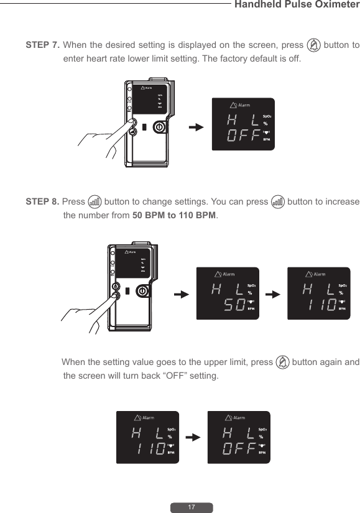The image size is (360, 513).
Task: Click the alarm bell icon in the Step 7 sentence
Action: click(315, 45)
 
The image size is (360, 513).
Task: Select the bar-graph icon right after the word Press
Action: click(95, 202)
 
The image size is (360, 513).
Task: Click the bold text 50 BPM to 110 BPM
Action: click(174, 215)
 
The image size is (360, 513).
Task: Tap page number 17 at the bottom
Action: click(192, 507)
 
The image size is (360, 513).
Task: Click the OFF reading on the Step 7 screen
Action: click(242, 136)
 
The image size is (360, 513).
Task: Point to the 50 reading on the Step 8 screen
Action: click(233, 305)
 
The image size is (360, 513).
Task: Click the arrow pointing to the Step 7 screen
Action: click(196, 127)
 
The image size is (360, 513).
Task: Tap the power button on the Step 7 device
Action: click(159, 126)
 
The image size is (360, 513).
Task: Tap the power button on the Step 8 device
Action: click(142, 290)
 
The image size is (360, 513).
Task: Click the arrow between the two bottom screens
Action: click(193, 437)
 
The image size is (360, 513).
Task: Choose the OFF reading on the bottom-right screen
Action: click(237, 449)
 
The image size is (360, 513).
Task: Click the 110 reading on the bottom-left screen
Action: click(152, 449)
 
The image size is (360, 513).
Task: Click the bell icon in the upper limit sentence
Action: click(282, 363)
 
